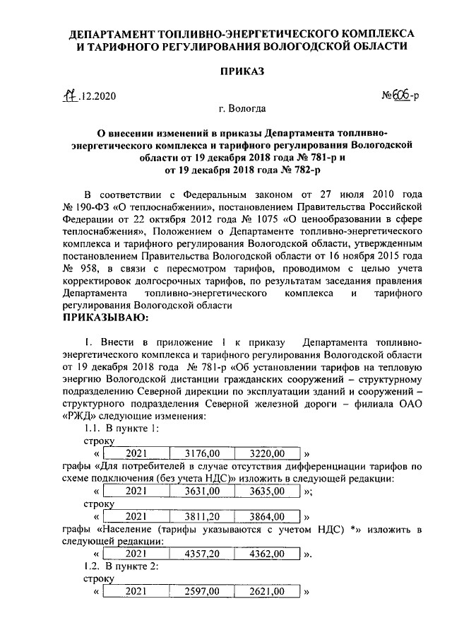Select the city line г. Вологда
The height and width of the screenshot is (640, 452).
click(x=242, y=109)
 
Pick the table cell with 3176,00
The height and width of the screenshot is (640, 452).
click(x=201, y=453)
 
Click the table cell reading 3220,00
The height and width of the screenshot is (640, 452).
click(x=268, y=453)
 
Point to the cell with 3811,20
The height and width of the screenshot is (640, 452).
click(x=201, y=516)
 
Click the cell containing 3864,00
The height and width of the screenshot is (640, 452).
click(x=268, y=516)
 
